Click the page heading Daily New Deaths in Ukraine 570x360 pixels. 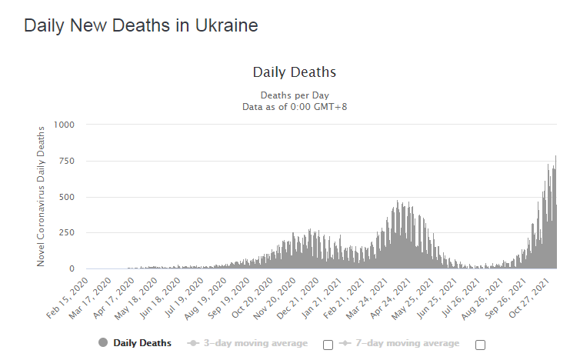point(141,25)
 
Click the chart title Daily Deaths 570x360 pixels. point(294,72)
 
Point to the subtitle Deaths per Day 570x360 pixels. point(295,95)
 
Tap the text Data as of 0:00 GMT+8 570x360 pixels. point(295,106)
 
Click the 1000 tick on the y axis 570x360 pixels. point(65,125)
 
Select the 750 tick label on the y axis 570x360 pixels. point(68,161)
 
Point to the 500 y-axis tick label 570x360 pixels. point(68,197)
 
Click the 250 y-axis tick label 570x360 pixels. point(68,233)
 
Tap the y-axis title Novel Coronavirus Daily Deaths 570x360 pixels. point(42,195)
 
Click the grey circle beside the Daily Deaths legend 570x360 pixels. point(103,343)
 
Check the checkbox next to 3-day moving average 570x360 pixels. point(328,345)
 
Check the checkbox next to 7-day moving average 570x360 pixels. point(480,345)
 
